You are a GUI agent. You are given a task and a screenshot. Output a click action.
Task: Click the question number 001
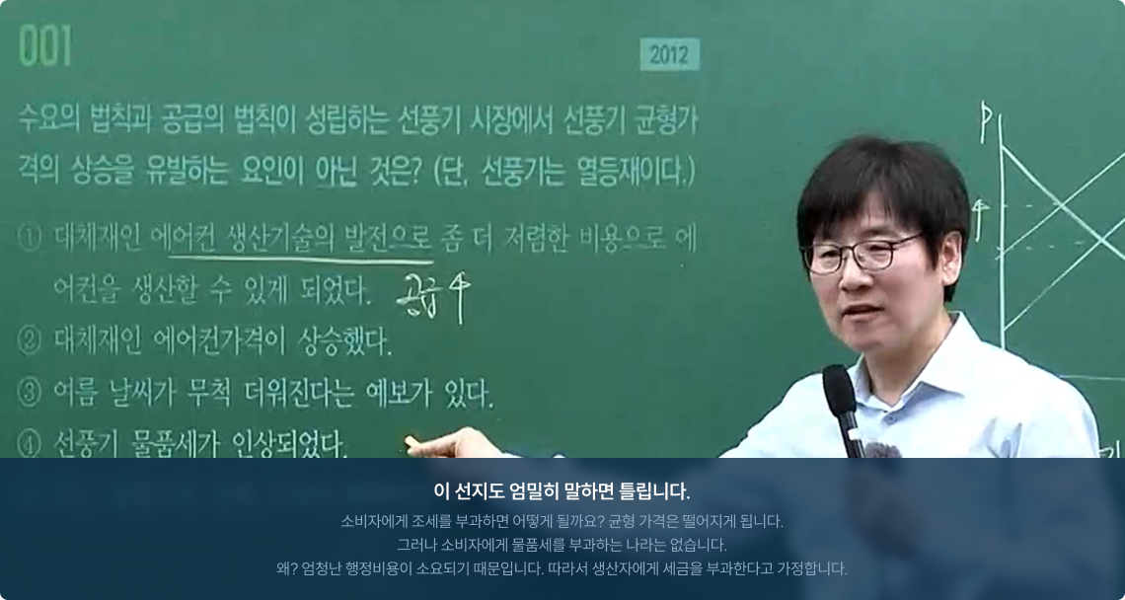point(45,46)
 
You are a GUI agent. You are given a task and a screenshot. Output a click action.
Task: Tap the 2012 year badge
point(670,54)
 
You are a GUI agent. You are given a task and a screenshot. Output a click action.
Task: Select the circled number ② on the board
point(29,341)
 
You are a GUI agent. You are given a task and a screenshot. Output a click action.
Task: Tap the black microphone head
point(839,390)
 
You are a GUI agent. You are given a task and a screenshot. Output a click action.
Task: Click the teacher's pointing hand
point(443,445)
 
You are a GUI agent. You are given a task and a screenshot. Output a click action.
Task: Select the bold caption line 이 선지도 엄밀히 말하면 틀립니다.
point(562,491)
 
